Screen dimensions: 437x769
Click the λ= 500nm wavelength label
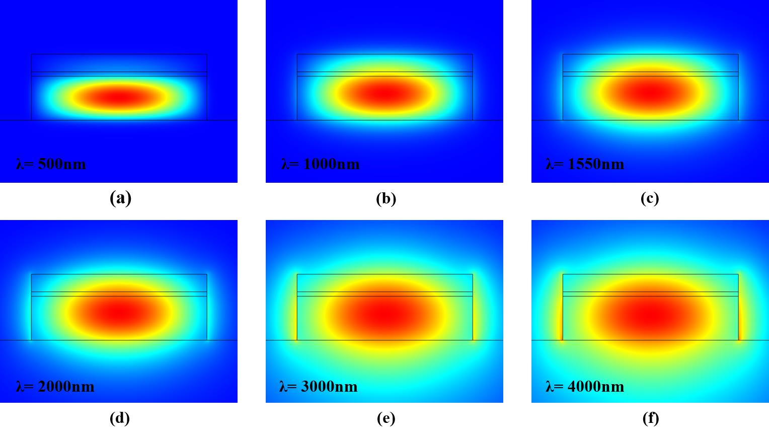[51, 164]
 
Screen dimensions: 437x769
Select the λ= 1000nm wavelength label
[320, 164]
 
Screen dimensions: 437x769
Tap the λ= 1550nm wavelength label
[585, 164]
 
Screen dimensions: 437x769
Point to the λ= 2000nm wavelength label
[55, 386]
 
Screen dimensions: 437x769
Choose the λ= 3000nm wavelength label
[319, 386]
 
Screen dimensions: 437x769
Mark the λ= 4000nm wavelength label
[585, 386]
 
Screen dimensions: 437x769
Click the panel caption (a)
[120, 198]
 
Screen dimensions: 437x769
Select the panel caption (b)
[386, 198]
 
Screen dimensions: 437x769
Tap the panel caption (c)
[650, 198]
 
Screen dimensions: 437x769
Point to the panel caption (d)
[120, 418]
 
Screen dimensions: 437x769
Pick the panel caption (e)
[386, 418]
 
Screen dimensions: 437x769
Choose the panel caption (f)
[650, 418]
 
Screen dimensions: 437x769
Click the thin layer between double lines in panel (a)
[119, 74]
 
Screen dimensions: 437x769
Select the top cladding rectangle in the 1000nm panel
[384, 63]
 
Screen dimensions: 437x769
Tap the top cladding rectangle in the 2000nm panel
[119, 283]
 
